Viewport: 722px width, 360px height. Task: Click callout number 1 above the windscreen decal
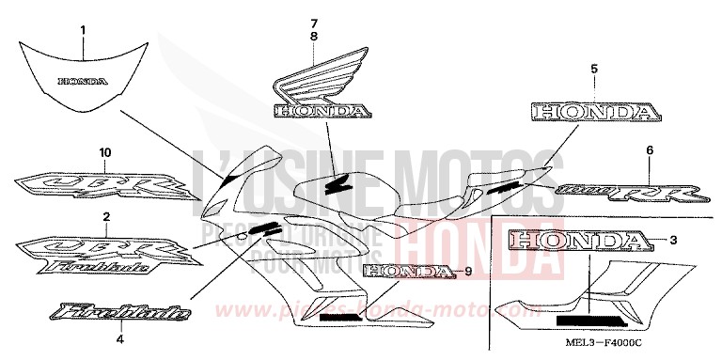click(x=83, y=31)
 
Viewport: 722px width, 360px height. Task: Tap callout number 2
click(x=106, y=217)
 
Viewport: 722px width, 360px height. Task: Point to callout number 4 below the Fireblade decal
click(x=119, y=339)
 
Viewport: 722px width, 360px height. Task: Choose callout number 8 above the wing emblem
click(x=315, y=36)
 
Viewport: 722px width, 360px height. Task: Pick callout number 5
click(x=594, y=70)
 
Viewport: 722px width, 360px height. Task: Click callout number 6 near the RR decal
click(x=649, y=150)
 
